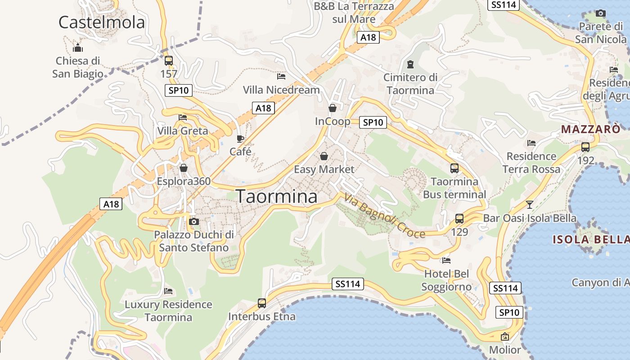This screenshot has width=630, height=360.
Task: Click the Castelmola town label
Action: (102, 22)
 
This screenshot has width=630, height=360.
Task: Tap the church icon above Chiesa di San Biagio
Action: (78, 47)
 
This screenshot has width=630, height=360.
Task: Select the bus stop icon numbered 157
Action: (168, 61)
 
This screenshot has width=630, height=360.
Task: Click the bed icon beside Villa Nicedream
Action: (281, 76)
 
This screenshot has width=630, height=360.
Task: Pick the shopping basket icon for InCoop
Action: (332, 108)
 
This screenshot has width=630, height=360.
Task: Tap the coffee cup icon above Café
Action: (240, 138)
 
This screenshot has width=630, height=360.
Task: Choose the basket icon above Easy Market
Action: (324, 156)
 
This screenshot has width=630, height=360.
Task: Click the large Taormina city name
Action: (276, 196)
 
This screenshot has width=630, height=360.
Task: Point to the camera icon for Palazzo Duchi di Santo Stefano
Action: (194, 221)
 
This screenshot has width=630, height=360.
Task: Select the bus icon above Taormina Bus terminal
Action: (454, 168)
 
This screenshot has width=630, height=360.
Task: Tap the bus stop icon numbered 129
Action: (459, 219)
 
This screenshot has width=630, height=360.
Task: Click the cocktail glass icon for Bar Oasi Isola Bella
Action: (530, 205)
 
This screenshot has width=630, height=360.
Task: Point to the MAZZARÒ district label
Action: (590, 130)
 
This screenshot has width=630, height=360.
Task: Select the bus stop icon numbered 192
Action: (585, 147)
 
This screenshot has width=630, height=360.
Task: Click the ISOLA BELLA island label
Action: (590, 239)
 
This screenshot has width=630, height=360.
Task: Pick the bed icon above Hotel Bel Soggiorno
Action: (446, 260)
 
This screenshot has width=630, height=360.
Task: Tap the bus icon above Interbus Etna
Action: (261, 303)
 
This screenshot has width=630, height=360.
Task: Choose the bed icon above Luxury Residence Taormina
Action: (168, 291)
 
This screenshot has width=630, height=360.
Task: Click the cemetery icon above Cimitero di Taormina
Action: (410, 64)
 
